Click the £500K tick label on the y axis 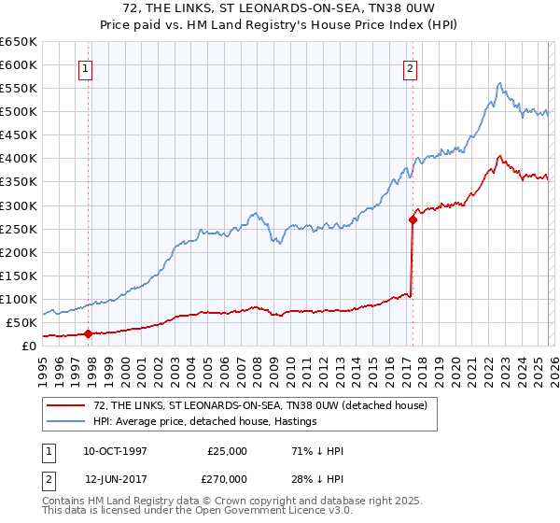[19, 112]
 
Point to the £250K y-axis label [19, 229]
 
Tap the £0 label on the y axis [29, 346]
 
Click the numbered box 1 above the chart [85, 67]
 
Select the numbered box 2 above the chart [410, 67]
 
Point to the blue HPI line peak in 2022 [500, 83]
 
